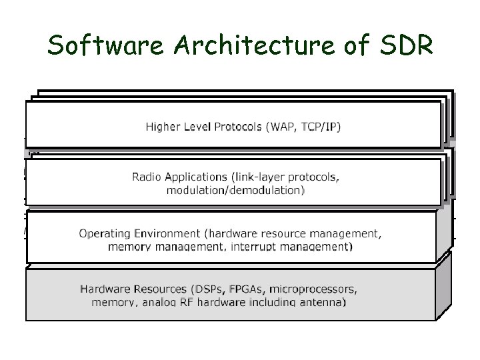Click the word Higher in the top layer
click(163, 127)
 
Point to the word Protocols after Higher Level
click(236, 127)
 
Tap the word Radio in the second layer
click(146, 177)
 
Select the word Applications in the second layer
click(192, 177)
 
